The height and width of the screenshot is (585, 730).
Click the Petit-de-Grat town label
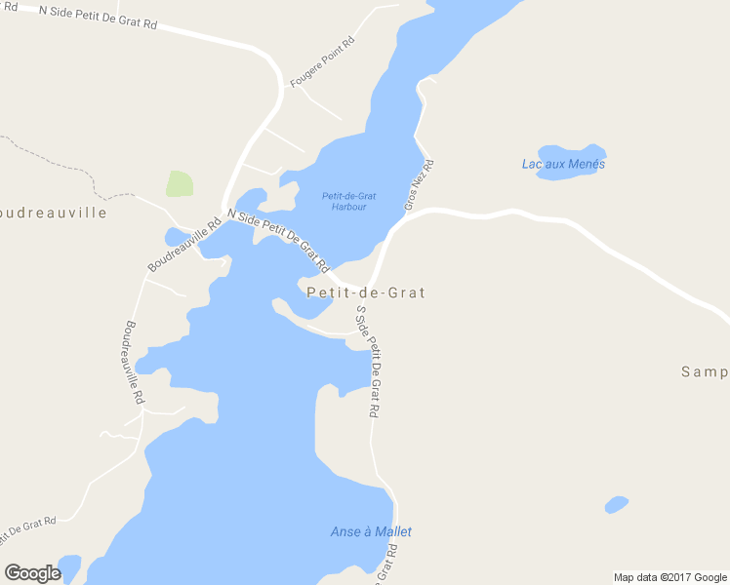[366, 292]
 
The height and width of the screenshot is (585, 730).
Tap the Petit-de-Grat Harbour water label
[349, 202]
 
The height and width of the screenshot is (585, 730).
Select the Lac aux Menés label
[563, 164]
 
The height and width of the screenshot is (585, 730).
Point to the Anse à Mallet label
[371, 531]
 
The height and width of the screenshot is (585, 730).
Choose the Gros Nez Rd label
[419, 185]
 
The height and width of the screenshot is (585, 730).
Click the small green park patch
[180, 183]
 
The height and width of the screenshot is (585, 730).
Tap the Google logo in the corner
[32, 573]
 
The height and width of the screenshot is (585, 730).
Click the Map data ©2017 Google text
[670, 577]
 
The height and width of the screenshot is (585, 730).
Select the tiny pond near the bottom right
[616, 504]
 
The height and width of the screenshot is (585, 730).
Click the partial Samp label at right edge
[705, 371]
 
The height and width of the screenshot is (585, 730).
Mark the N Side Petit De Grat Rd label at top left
[98, 17]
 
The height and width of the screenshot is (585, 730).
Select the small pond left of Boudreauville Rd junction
[176, 237]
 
